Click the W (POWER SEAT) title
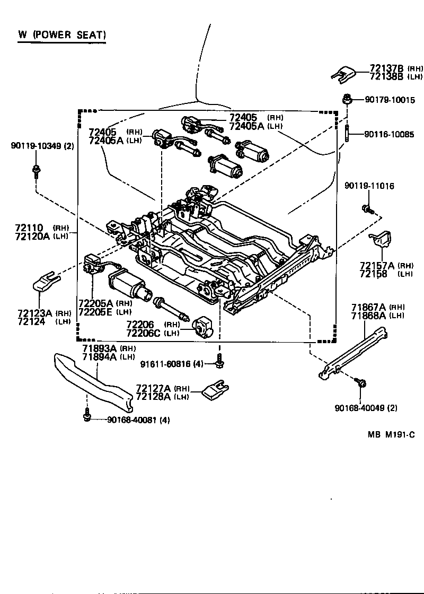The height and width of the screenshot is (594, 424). pyautogui.click(x=63, y=36)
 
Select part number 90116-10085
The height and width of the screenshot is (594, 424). pyautogui.click(x=389, y=135)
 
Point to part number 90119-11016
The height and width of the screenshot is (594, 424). pyautogui.click(x=369, y=186)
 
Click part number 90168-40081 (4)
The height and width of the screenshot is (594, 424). pyautogui.click(x=138, y=420)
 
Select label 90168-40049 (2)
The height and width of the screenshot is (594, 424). pyautogui.click(x=366, y=408)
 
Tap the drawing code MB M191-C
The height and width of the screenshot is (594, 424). pyautogui.click(x=391, y=434)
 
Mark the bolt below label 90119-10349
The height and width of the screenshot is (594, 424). pyautogui.click(x=36, y=170)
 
